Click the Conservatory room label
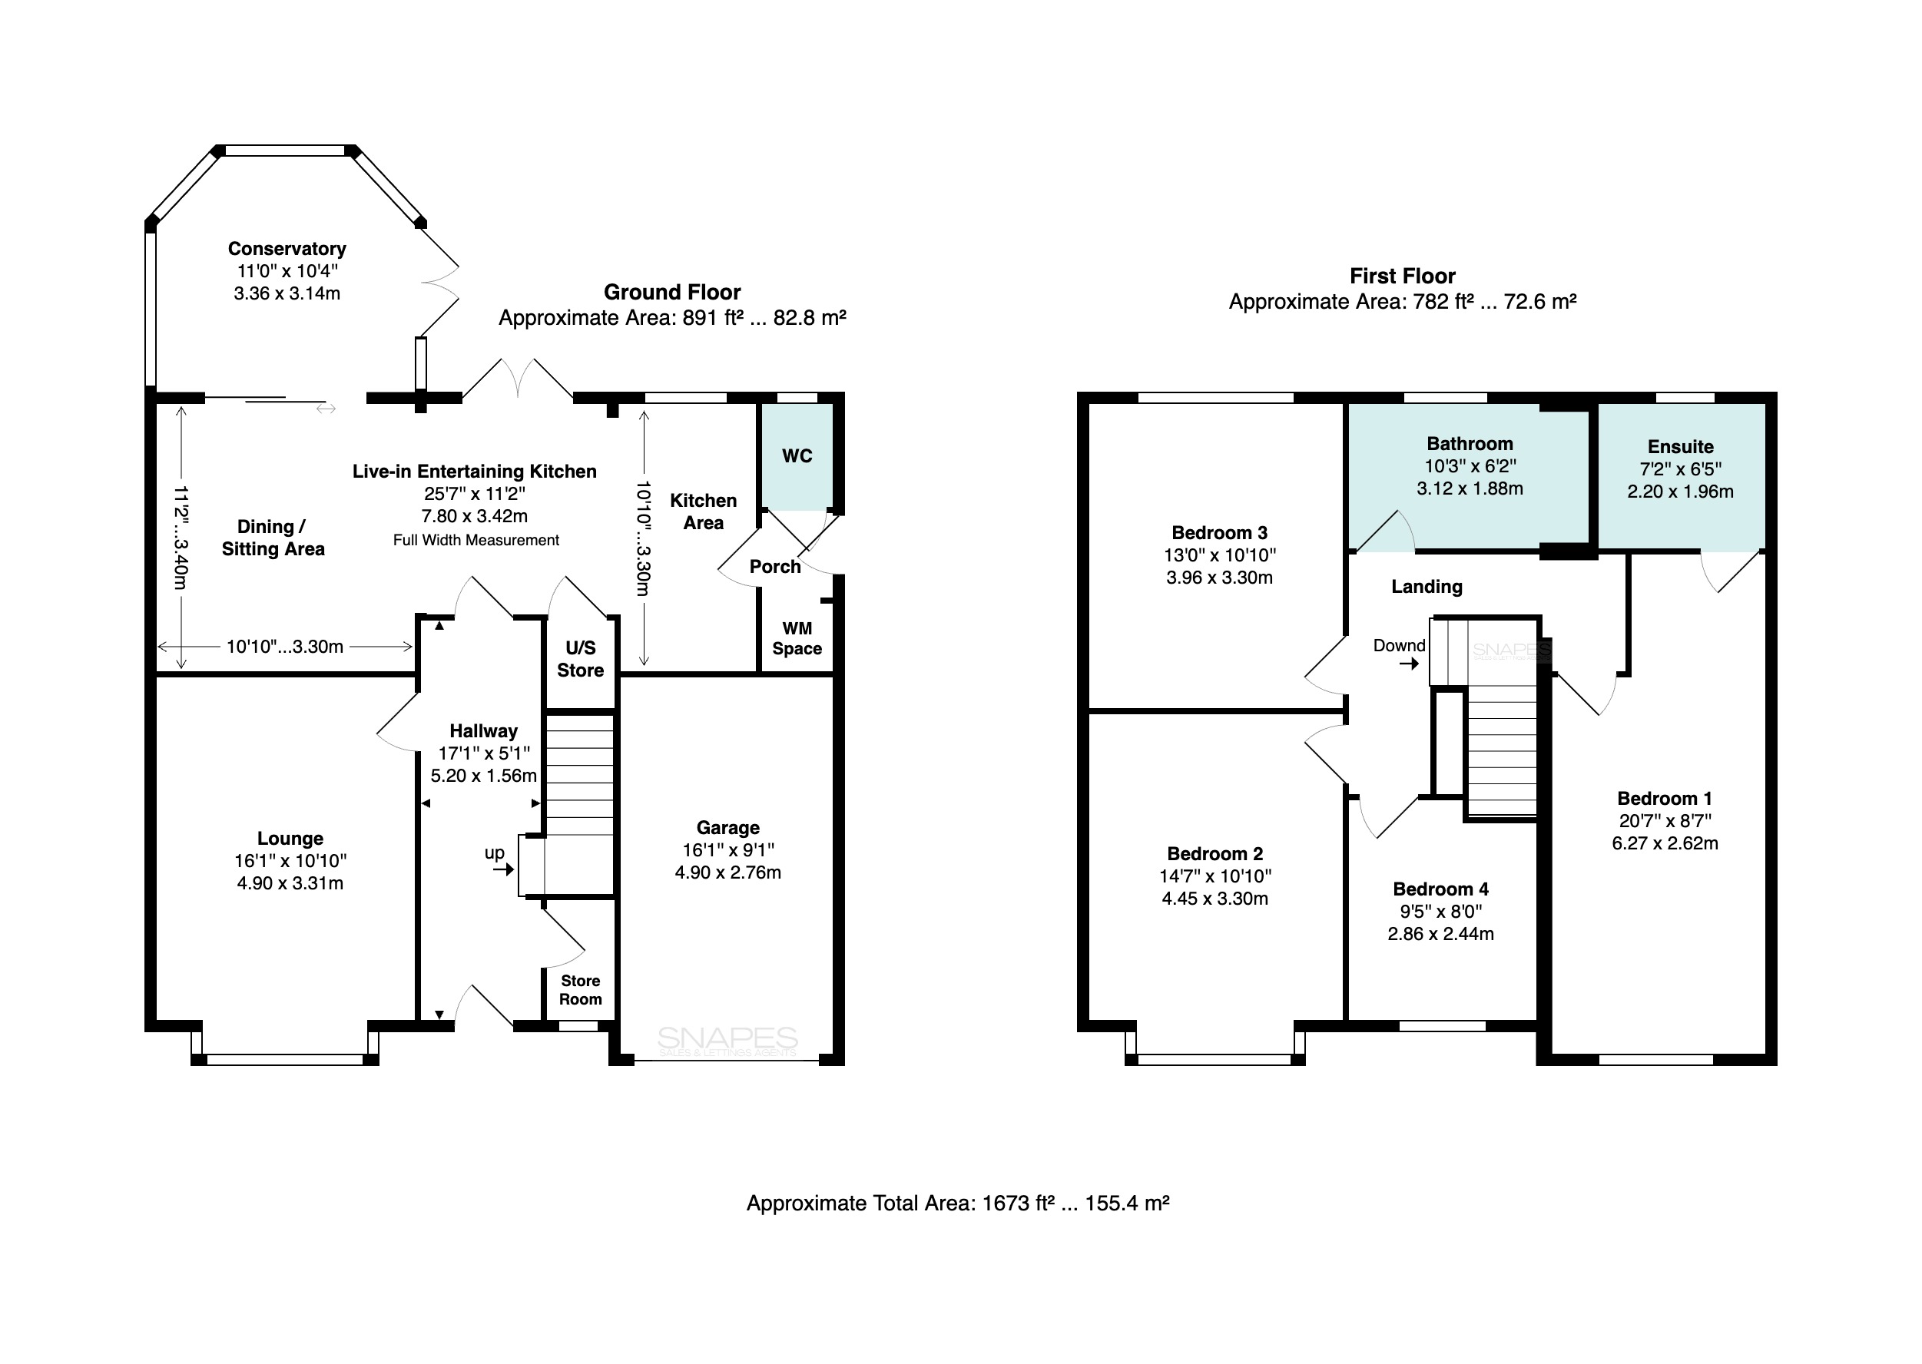[x=287, y=249]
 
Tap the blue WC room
[x=797, y=457]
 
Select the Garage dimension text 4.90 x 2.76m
[x=727, y=872]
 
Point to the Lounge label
[x=290, y=838]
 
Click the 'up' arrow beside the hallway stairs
[x=503, y=870]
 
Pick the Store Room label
[x=581, y=990]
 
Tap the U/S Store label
[x=581, y=659]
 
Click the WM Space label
[x=797, y=638]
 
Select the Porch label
[x=774, y=567]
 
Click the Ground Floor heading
[x=672, y=293]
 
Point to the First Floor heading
[x=1402, y=276]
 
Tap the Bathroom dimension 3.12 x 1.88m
[x=1470, y=488]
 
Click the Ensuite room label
[x=1680, y=447]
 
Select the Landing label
[x=1427, y=587]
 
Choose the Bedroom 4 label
[x=1440, y=889]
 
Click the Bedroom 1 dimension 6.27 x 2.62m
[x=1664, y=843]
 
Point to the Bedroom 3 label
[x=1219, y=532]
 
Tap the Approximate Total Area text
[x=958, y=1203]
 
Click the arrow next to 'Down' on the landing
[x=1409, y=664]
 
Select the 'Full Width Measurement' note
[x=476, y=540]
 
